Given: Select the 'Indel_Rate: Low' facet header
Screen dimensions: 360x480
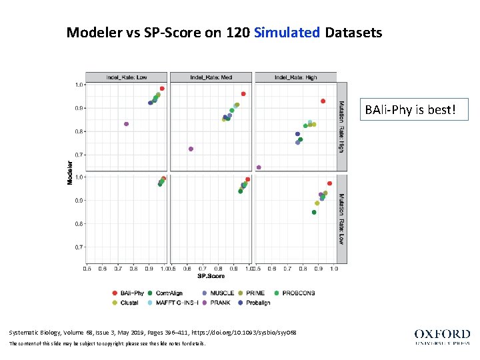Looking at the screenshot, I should (x=127, y=77).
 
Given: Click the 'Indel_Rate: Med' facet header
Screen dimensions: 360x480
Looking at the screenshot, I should (x=211, y=77).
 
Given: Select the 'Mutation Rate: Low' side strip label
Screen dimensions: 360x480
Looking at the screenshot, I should (x=341, y=219).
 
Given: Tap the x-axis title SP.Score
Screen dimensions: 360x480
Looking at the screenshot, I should (x=211, y=275).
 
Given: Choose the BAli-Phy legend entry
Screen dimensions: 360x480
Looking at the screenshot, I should (x=127, y=293).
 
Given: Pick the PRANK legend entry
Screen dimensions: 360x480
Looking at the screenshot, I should (x=215, y=303).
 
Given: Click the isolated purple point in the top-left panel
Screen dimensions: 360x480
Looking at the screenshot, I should (x=126, y=124).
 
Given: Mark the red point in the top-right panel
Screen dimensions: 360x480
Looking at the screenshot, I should (x=323, y=101).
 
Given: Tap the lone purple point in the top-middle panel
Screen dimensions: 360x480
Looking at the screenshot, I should (x=191, y=149).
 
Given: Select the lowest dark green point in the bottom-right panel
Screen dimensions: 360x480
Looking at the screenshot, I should (x=314, y=212).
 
